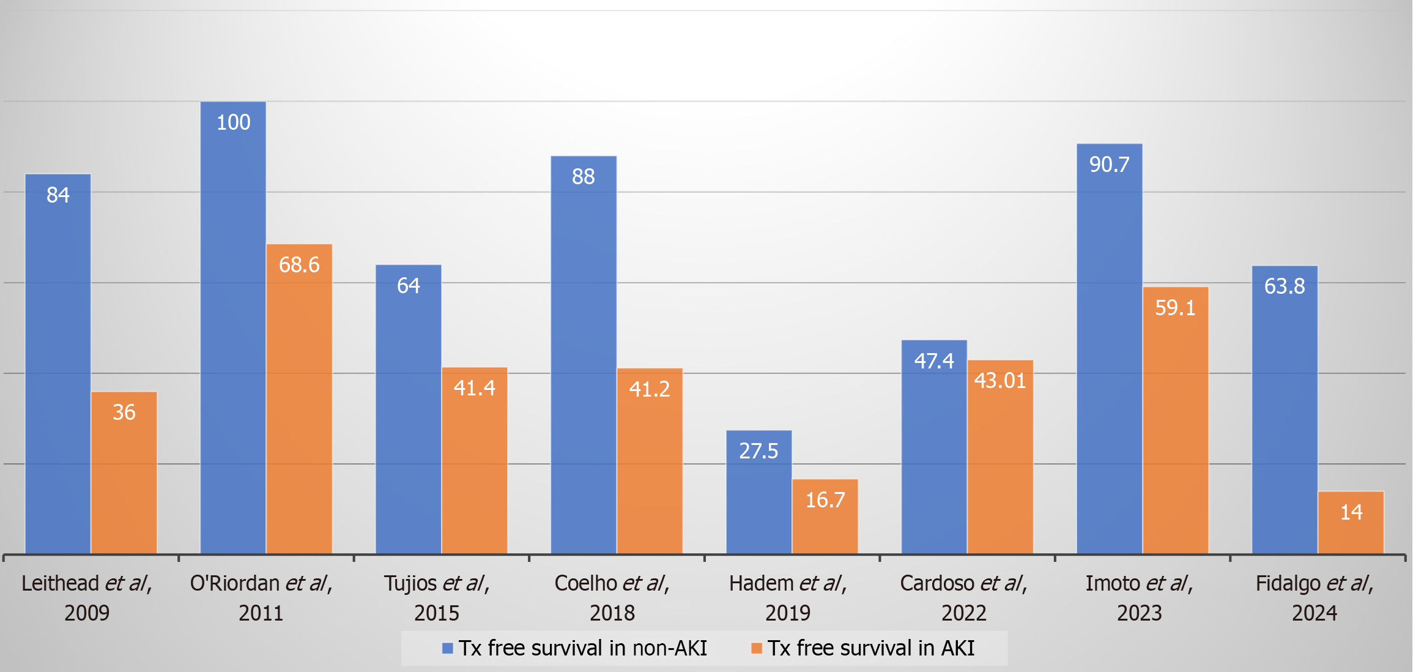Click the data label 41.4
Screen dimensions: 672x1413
click(x=475, y=388)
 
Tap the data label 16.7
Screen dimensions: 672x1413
click(x=825, y=500)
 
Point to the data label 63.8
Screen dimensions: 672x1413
click(x=1285, y=286)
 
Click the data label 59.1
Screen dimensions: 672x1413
click(x=1175, y=307)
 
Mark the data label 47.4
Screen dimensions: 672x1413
click(x=934, y=361)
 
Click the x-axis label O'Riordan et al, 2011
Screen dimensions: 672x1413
click(x=261, y=597)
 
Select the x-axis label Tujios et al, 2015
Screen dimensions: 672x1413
click(x=437, y=597)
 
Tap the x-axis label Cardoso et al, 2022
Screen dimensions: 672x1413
click(x=963, y=597)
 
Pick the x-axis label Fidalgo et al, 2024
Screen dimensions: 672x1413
click(x=1315, y=597)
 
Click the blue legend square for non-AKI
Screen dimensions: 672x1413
click(x=448, y=648)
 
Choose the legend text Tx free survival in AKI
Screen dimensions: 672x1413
click(x=871, y=648)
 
